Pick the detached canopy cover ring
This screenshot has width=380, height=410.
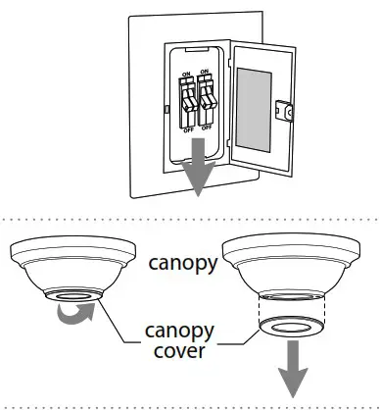291,328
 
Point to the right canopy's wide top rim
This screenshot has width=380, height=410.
292,247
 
